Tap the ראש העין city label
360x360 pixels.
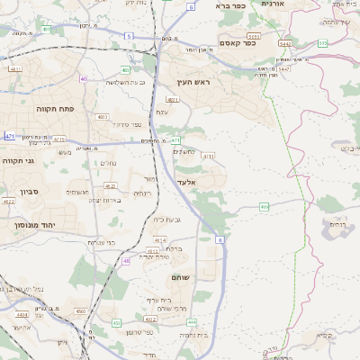pos(190,82)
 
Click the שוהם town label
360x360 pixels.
pos(181,276)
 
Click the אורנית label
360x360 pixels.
pos(272,4)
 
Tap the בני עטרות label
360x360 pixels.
pos(100,242)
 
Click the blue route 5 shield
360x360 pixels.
pos(129,36)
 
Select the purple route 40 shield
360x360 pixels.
pos(84,78)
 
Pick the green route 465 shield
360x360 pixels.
pos(264,207)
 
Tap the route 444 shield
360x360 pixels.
pos(191,321)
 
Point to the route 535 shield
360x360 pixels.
pos(322,41)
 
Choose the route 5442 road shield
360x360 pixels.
pos(284,42)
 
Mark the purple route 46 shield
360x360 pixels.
pos(126,260)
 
